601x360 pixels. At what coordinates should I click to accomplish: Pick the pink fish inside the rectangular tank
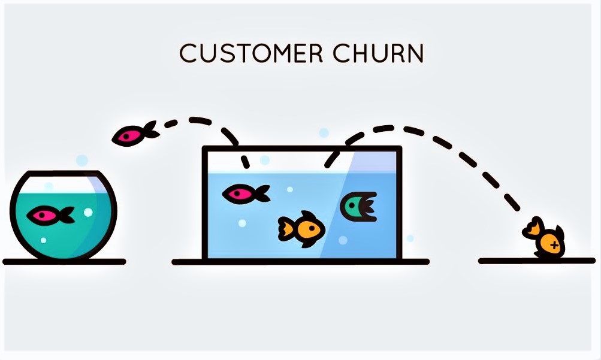click(244, 193)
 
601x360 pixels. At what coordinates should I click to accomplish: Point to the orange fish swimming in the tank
click(301, 228)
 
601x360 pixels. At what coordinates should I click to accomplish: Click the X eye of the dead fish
click(554, 245)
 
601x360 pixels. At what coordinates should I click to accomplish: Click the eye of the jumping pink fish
click(126, 137)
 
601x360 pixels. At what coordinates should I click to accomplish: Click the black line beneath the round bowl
click(64, 262)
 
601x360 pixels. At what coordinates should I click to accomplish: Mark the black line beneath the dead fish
click(536, 261)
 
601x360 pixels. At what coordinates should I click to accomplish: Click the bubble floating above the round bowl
click(82, 161)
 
